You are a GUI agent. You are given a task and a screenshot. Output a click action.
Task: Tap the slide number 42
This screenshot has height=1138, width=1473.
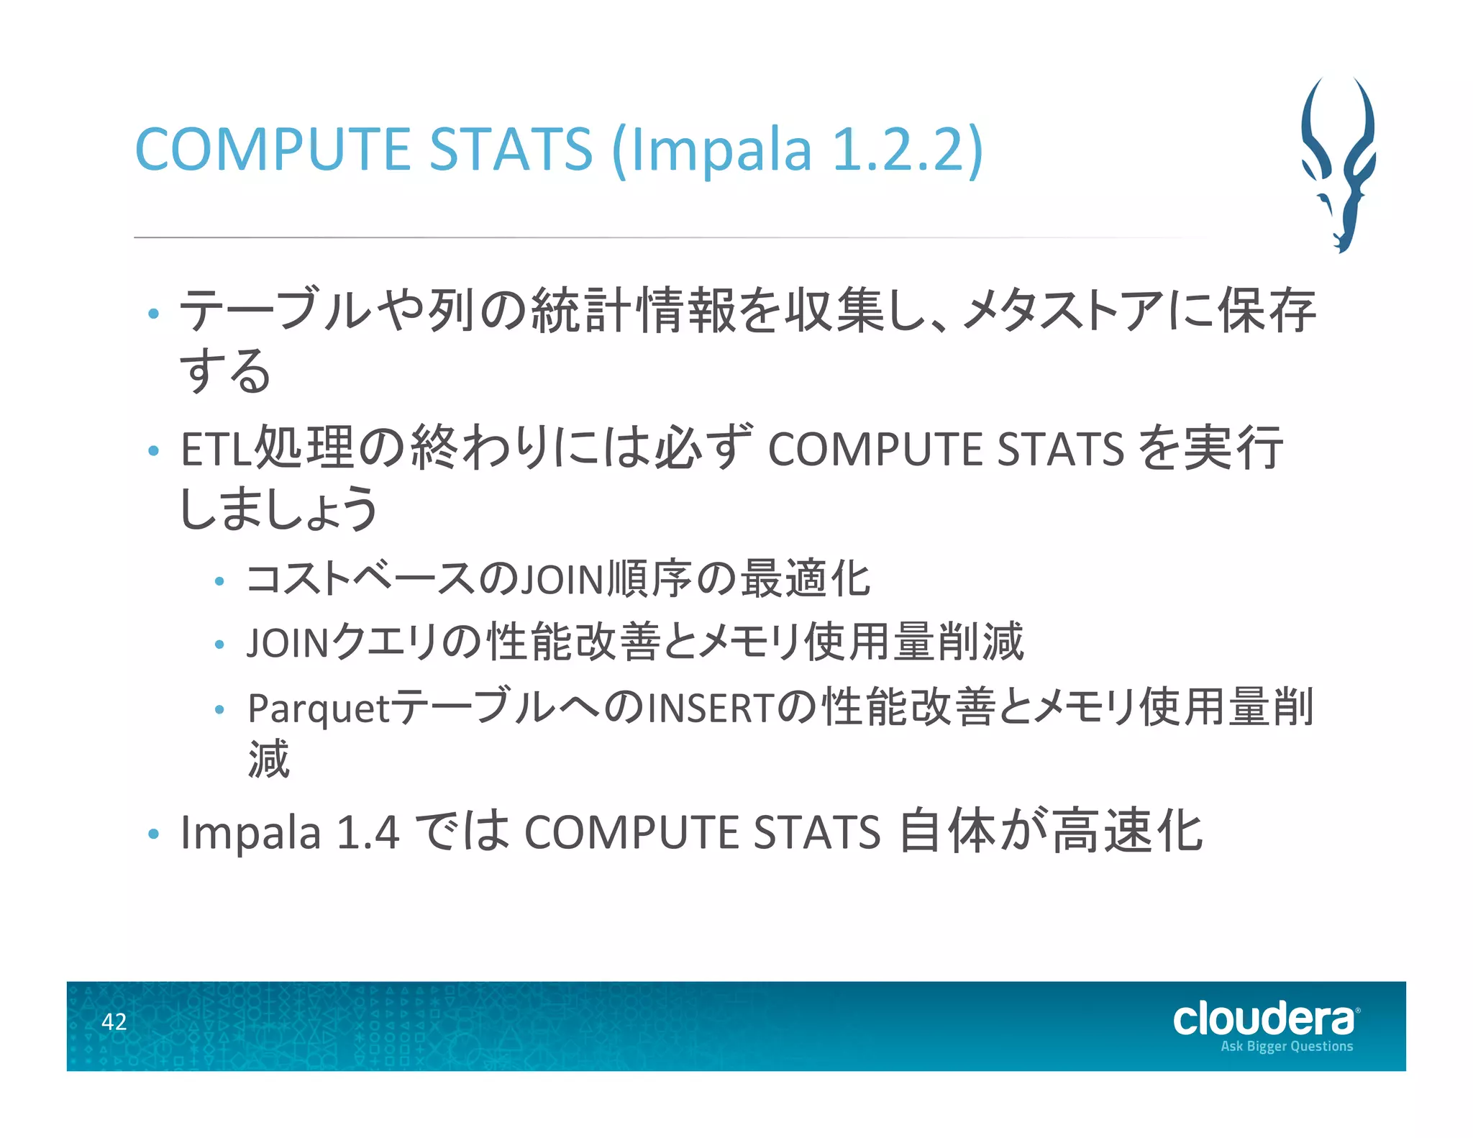tap(114, 1021)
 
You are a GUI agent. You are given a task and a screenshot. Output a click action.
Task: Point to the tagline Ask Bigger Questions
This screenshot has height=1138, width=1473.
tap(1287, 1046)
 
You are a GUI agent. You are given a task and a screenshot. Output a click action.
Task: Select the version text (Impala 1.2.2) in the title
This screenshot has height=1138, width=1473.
tap(797, 149)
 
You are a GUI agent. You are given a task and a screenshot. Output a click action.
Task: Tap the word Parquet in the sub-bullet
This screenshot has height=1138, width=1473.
tap(319, 708)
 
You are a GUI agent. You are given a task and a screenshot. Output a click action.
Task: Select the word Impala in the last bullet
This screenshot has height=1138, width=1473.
tap(250, 832)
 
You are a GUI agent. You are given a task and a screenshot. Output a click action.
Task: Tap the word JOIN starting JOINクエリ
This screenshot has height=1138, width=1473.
tap(288, 642)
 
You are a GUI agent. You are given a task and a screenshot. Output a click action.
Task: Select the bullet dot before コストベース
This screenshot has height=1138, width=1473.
tap(220, 581)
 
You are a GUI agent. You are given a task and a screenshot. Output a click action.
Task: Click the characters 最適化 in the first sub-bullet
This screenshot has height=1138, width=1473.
tap(806, 579)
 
